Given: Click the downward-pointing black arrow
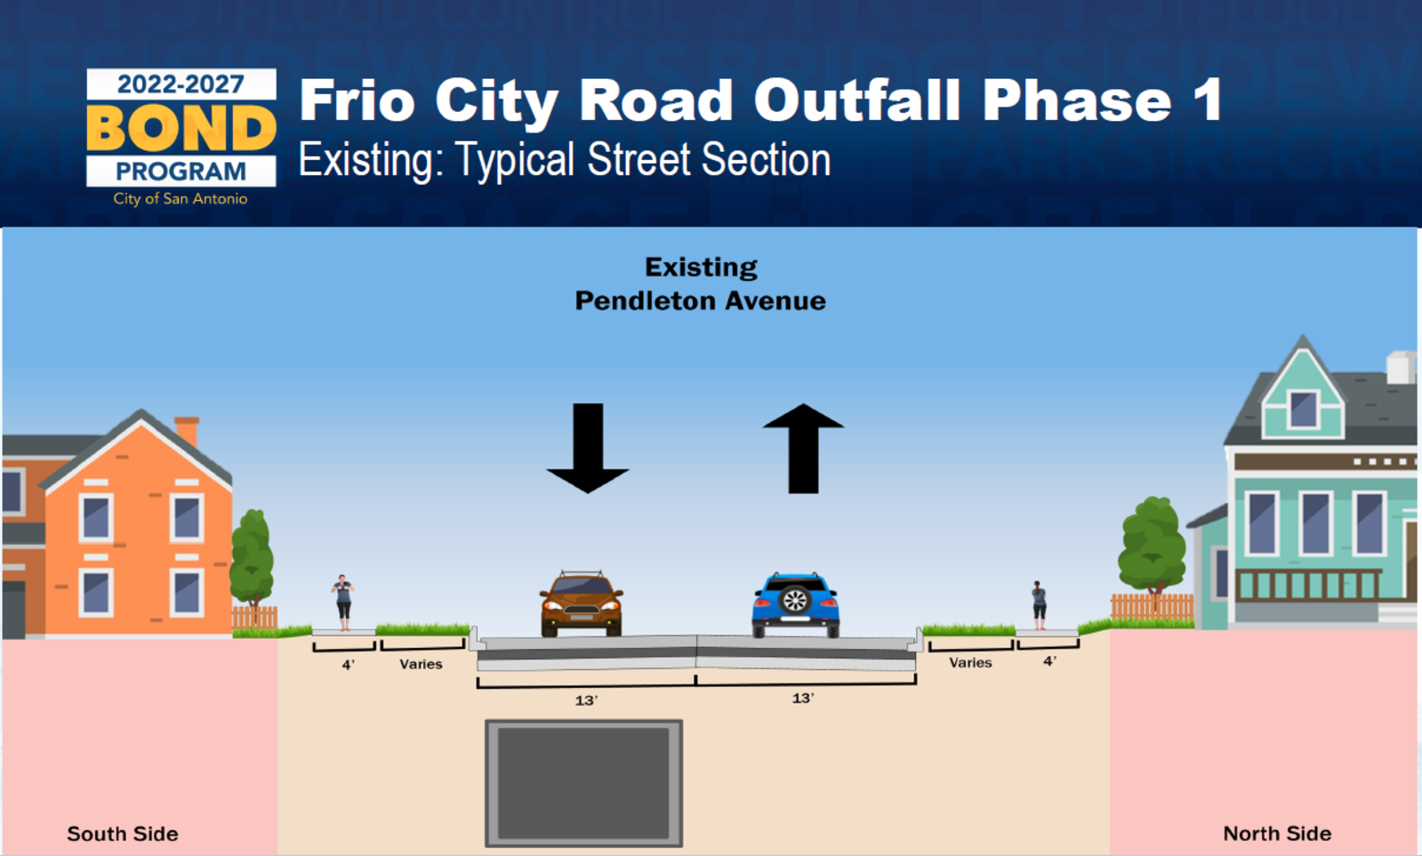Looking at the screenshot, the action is (x=588, y=448).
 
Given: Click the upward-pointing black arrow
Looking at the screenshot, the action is (x=803, y=448).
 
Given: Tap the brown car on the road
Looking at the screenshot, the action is (x=581, y=604).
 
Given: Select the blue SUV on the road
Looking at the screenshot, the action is (x=795, y=604).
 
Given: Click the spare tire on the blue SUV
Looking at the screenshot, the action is (x=795, y=600).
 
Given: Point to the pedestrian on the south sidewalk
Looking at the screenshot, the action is (x=343, y=602).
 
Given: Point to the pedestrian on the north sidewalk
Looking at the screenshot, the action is (x=1039, y=605).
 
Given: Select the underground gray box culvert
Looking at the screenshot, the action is (x=584, y=783).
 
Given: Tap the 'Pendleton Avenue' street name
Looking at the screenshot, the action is (x=700, y=300).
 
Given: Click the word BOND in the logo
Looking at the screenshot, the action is (x=181, y=127).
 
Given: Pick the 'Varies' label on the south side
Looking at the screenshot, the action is (x=421, y=664).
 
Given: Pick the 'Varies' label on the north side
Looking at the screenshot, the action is (x=970, y=662).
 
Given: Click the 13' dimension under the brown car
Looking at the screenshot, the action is (x=587, y=700).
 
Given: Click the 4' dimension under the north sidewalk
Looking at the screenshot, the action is (x=1050, y=661).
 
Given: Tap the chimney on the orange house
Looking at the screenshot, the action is (x=187, y=431).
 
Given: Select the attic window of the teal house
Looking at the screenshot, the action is (x=1304, y=409).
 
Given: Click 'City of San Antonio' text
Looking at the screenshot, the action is (x=181, y=198).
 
